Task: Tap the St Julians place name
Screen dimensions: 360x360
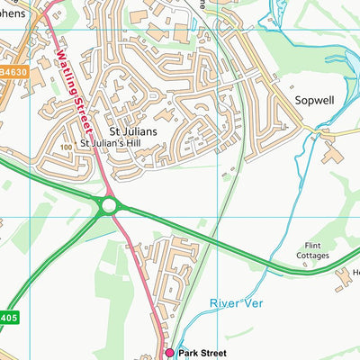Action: point(133,132)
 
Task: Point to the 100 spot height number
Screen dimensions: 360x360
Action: point(66,147)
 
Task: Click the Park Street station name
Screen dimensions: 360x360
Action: point(202,354)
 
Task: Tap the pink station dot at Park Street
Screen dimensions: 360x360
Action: point(168,354)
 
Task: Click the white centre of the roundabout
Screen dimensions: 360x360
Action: point(109,206)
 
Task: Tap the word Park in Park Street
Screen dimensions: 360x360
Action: point(187,354)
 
